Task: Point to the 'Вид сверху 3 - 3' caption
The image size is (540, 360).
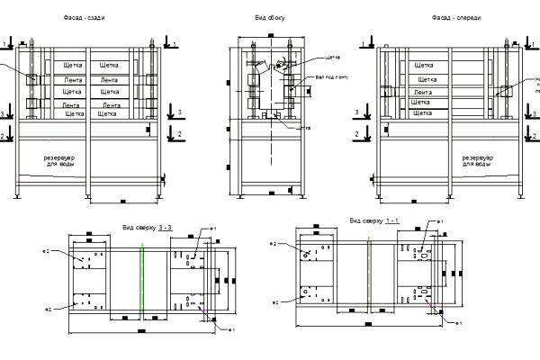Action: pos(144,228)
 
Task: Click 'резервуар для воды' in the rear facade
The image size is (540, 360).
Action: pos(70,160)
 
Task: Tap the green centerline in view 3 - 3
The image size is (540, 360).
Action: pos(142,279)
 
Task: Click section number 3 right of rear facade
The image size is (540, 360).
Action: pos(181,111)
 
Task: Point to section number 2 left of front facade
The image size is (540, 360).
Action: pos(356,133)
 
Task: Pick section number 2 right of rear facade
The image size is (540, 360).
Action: pos(181,133)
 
